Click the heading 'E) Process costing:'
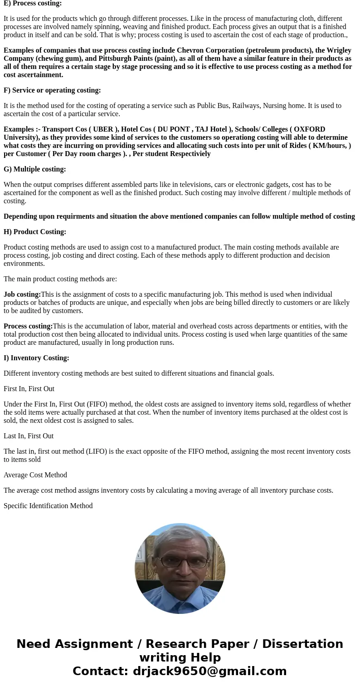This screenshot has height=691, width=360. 33,3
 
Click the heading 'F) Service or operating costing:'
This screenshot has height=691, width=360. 52,90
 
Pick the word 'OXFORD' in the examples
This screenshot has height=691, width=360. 310,129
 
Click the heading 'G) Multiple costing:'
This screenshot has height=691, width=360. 35,169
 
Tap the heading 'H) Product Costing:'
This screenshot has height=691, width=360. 35,232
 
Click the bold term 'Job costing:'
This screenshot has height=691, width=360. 22,294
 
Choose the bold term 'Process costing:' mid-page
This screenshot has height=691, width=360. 28,326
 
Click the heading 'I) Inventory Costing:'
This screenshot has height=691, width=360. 36,358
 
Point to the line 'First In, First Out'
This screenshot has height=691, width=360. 29,389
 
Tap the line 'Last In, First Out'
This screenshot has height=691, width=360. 29,436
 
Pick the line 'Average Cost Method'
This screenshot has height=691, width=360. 35,475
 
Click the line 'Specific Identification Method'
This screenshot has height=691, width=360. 48,506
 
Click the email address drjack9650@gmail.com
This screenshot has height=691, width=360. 209,671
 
